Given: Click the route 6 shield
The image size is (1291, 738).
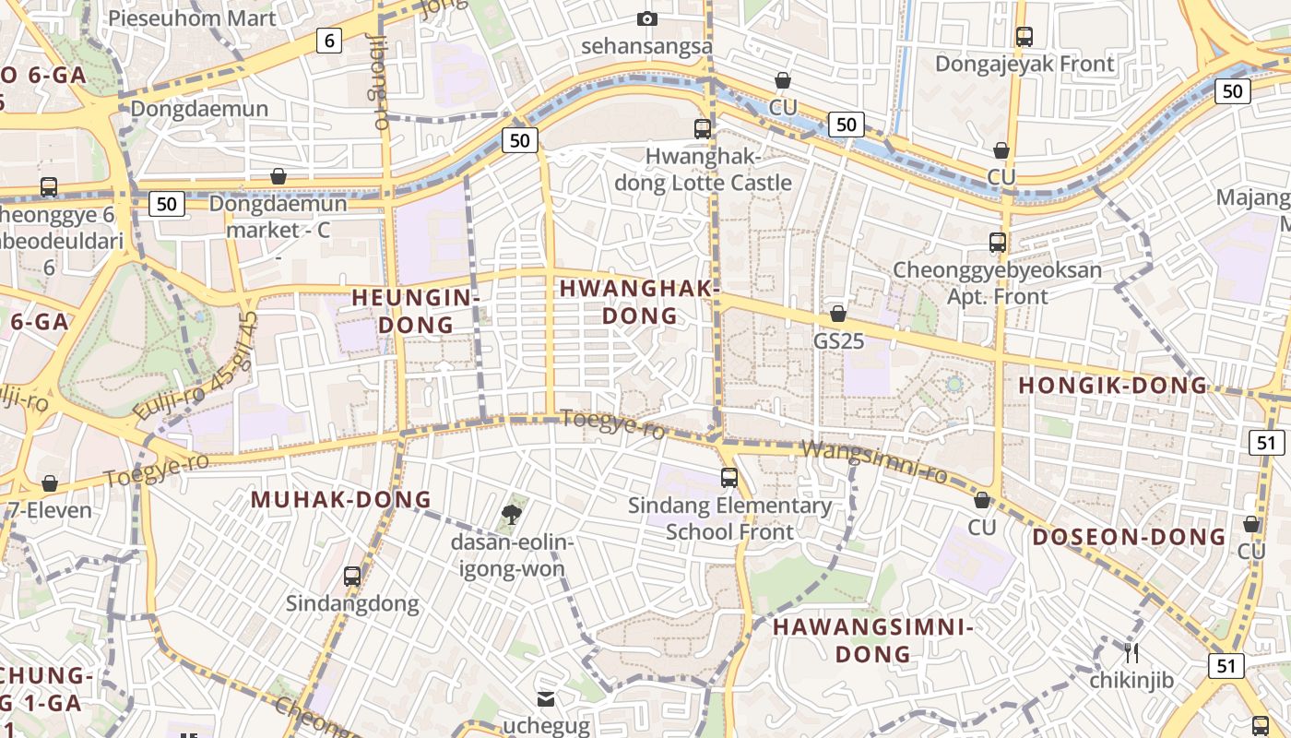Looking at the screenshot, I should [x=329, y=40].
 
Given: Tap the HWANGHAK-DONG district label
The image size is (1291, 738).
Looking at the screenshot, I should [x=639, y=302].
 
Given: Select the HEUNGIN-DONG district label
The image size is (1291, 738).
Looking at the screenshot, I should [x=416, y=311].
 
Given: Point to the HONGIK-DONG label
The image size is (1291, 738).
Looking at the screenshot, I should [x=1111, y=386].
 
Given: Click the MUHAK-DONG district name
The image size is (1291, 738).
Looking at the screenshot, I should [x=341, y=499].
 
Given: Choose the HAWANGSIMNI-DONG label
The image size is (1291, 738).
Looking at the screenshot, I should [x=873, y=640].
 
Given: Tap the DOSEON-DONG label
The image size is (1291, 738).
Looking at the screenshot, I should [x=1129, y=537].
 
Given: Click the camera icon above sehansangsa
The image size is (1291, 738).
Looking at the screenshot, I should [x=647, y=19].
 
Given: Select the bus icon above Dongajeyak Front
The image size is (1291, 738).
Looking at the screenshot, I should [x=1024, y=37].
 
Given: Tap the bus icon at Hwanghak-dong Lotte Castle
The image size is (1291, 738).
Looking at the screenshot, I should [x=703, y=129].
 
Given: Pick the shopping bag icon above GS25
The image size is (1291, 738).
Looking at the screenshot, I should [x=838, y=315].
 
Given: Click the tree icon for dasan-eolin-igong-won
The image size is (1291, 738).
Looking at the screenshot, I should [x=511, y=513].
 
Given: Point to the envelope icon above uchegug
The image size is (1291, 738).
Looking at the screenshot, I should [x=546, y=699].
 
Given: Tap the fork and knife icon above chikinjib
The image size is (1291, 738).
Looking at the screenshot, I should [x=1131, y=653].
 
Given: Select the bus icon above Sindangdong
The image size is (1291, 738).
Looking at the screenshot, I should [x=351, y=577].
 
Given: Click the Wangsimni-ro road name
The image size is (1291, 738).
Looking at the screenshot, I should [x=874, y=461].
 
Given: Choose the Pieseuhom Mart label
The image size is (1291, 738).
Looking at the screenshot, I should [x=192, y=18].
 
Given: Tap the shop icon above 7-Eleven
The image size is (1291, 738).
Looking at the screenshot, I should [x=50, y=483].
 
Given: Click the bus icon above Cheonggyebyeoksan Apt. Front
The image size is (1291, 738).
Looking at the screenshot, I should [x=997, y=243].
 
